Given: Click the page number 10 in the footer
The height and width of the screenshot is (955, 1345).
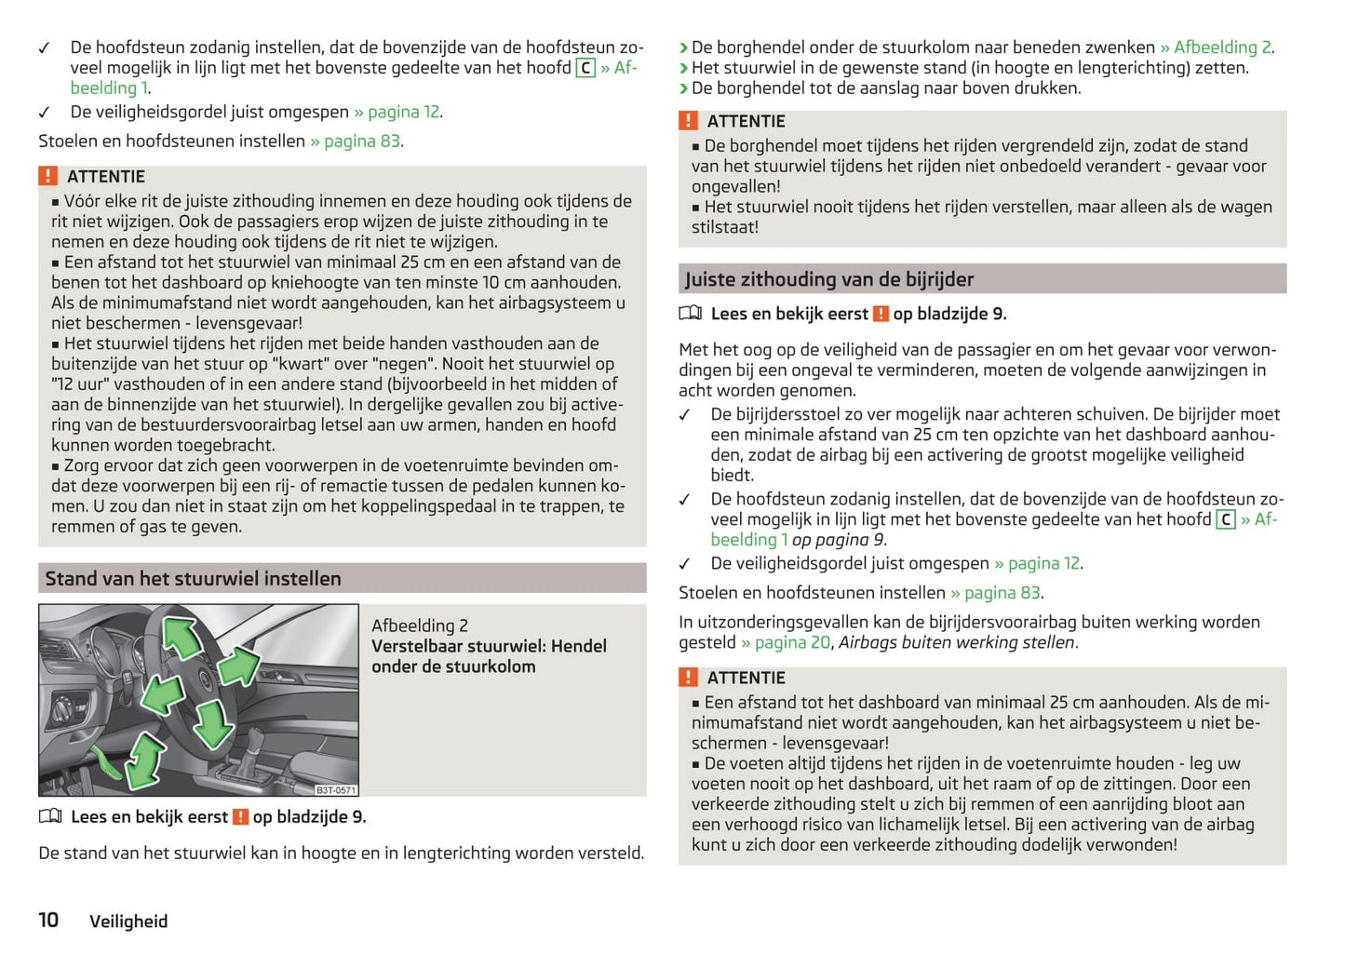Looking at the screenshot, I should pyautogui.click(x=48, y=920).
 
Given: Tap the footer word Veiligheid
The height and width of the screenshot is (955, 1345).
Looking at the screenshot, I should pyautogui.click(x=128, y=921).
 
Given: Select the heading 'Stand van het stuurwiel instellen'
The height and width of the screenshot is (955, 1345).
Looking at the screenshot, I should pyautogui.click(x=194, y=578).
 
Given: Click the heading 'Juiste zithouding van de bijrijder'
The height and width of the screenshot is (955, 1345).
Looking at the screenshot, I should pyautogui.click(x=829, y=279).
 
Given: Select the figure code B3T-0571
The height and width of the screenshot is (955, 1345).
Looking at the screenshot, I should pyautogui.click(x=335, y=789).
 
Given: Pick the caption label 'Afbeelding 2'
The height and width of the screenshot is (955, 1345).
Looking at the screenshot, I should pyautogui.click(x=420, y=625).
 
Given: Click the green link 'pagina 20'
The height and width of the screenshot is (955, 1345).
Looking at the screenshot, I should pyautogui.click(x=792, y=642).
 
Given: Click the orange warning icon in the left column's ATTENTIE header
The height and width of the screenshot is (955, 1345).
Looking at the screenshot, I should pyautogui.click(x=48, y=176).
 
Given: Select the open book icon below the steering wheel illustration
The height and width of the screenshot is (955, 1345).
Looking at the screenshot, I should pyautogui.click(x=50, y=816).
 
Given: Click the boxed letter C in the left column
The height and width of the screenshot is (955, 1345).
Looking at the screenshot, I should pyautogui.click(x=585, y=68).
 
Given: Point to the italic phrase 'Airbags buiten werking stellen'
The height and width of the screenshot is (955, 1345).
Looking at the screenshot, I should pyautogui.click(x=956, y=642).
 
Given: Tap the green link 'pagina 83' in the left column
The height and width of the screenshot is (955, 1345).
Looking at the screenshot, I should pyautogui.click(x=362, y=141).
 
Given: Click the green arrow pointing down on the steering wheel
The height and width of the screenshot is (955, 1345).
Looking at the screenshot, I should pyautogui.click(x=213, y=723).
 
